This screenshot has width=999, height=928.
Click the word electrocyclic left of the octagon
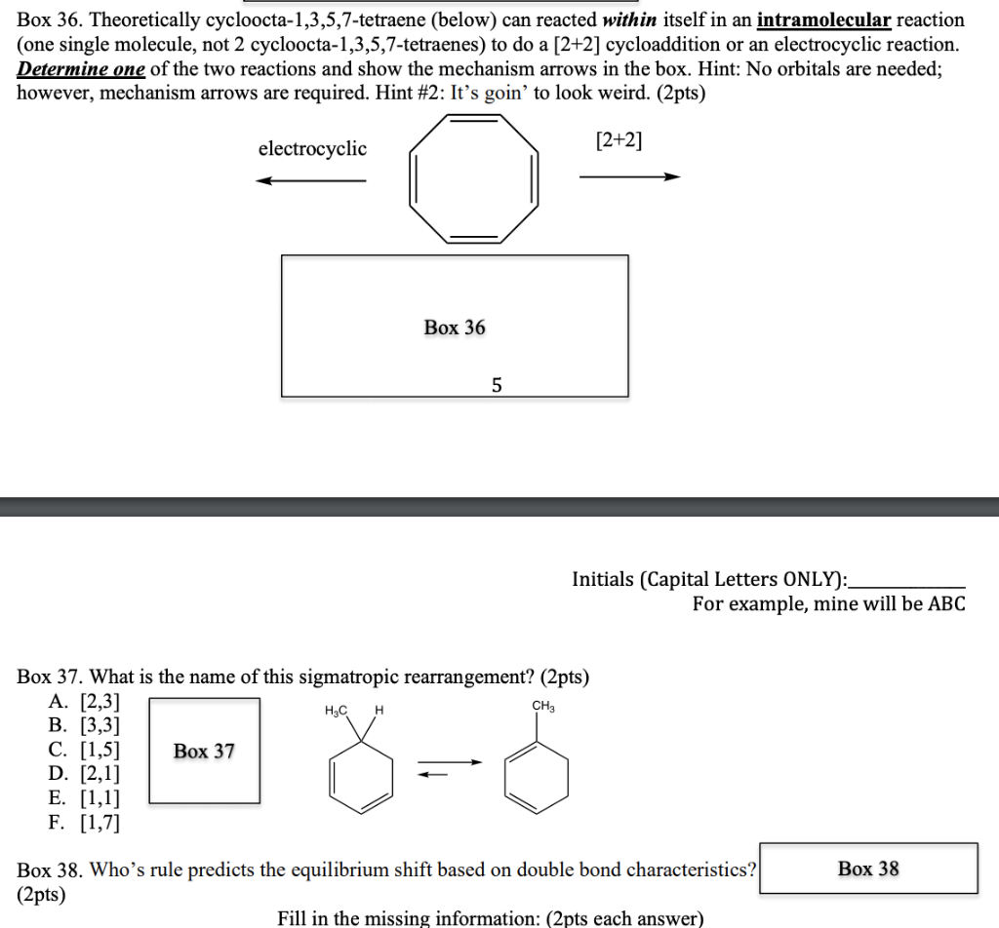[312, 149]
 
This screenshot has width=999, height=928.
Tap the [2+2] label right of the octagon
[619, 141]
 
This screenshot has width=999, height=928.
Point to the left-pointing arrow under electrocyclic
[311, 180]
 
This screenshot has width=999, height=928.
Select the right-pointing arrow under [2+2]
[628, 176]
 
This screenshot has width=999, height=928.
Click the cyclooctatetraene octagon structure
[474, 178]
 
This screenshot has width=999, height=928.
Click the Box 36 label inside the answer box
[454, 328]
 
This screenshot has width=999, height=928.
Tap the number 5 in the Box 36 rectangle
[497, 386]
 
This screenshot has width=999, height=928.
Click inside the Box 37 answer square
[204, 751]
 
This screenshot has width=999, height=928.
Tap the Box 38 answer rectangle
[868, 869]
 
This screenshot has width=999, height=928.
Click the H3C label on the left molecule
[337, 711]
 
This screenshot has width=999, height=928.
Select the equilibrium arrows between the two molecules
[450, 769]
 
